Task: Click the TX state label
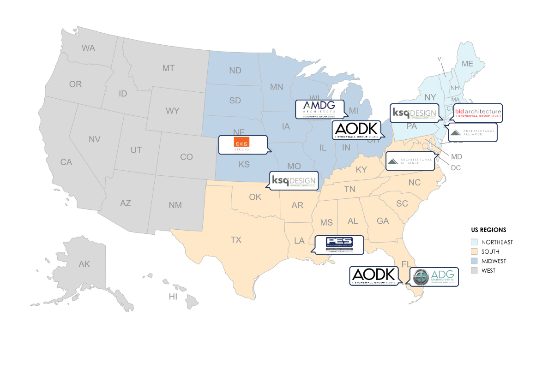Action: (236, 240)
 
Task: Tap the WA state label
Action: (88, 48)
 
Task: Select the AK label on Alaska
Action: (84, 264)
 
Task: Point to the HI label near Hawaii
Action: (173, 297)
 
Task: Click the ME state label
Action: (467, 64)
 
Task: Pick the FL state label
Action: (406, 264)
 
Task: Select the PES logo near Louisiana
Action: (339, 245)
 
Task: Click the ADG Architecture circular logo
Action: (421, 277)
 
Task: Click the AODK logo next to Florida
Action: (373, 275)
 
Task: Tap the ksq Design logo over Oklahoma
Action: (293, 181)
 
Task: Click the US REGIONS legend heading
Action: (488, 230)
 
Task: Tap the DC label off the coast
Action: (456, 168)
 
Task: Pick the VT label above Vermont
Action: (441, 59)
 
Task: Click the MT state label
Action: (168, 68)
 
